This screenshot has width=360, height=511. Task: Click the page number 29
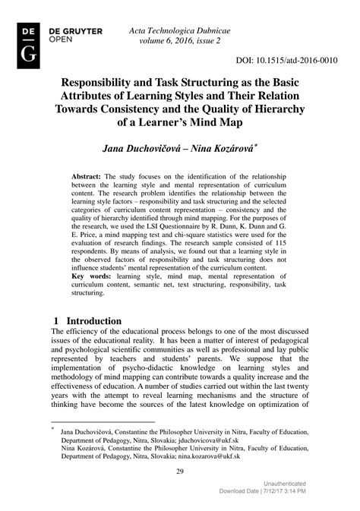180,472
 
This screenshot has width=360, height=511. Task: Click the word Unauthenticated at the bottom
285,484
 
